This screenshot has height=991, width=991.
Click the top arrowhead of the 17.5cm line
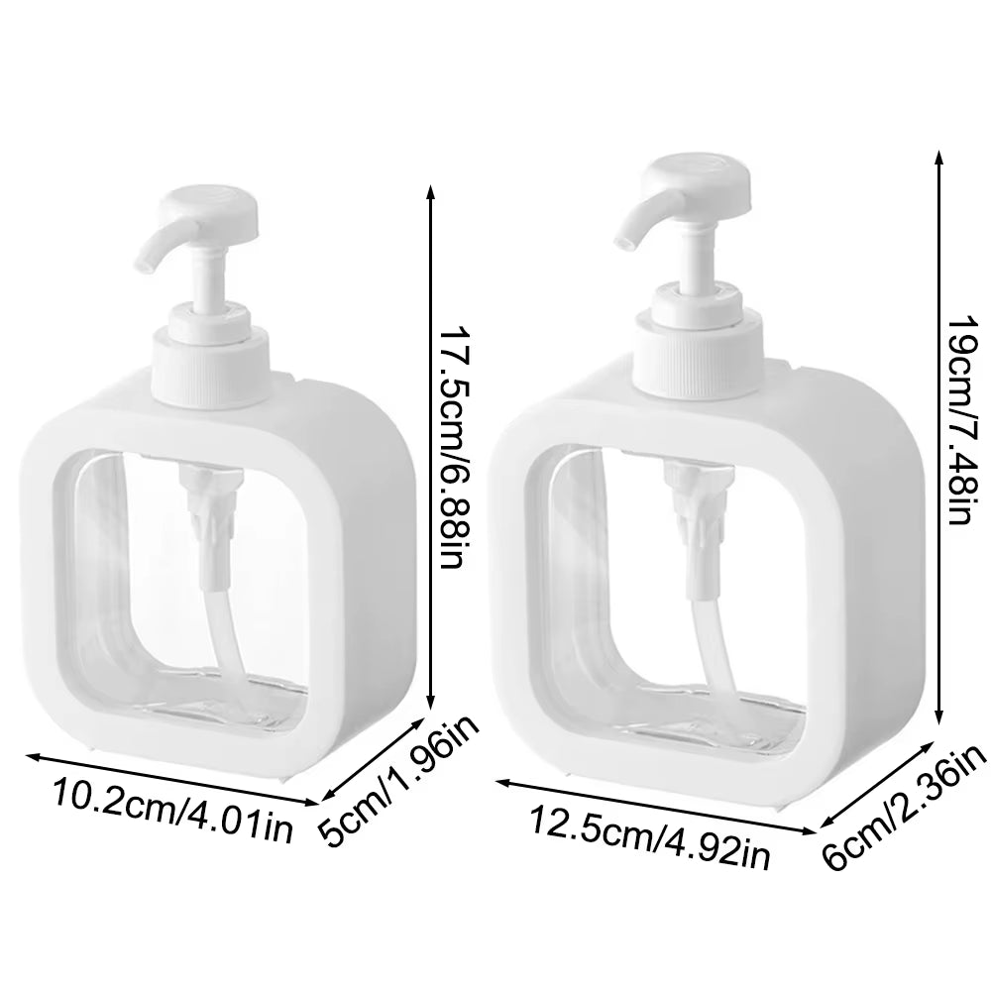429,190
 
